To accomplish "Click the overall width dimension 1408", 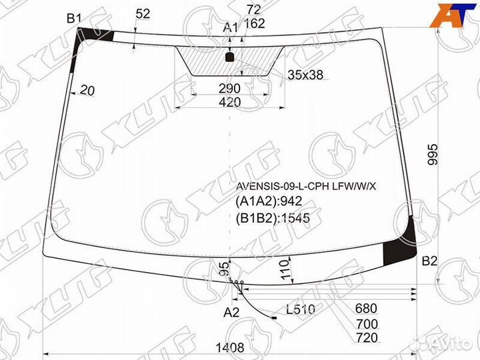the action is pos(230,348).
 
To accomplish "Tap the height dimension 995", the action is pos(433,155).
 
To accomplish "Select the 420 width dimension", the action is pos(230,102).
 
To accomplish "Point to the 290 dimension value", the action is pos(229,89).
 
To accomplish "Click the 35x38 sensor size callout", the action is pos(305,75).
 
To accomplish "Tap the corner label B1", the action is pos(74,19).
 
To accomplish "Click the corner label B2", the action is pos(429,261).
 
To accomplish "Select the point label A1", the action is pos(230,28).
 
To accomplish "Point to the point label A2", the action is pos(231,313).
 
